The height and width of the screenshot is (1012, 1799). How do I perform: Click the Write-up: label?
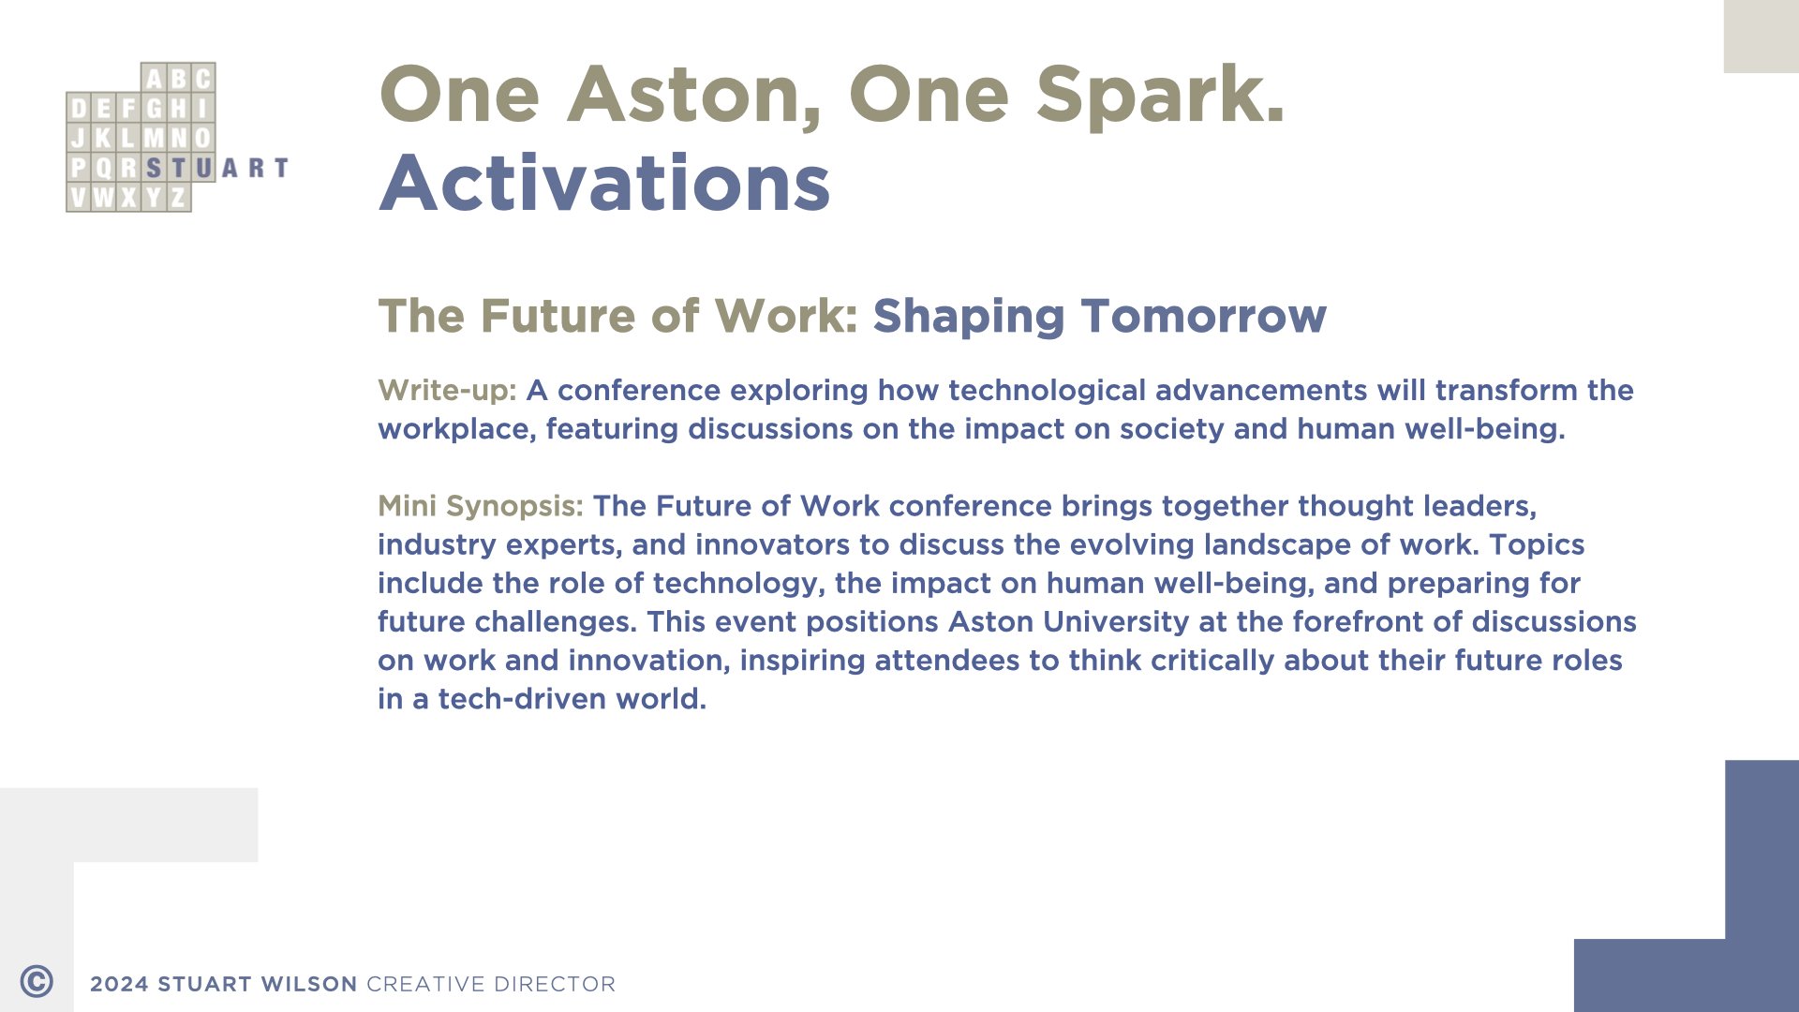click(x=447, y=391)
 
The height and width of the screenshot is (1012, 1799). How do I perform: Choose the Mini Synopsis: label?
click(x=481, y=507)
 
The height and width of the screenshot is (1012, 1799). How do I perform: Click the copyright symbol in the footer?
click(x=37, y=981)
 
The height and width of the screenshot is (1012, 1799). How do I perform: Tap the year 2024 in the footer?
click(x=119, y=984)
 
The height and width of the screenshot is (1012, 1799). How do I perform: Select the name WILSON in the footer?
click(x=309, y=984)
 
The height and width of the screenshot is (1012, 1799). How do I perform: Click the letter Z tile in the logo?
click(x=178, y=198)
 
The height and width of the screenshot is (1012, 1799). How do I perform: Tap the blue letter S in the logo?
click(x=154, y=168)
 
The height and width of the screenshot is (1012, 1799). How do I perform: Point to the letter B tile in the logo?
click(x=178, y=78)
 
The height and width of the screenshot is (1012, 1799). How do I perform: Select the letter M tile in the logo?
click(x=154, y=138)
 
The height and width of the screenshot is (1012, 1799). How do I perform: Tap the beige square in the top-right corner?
click(x=1762, y=37)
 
